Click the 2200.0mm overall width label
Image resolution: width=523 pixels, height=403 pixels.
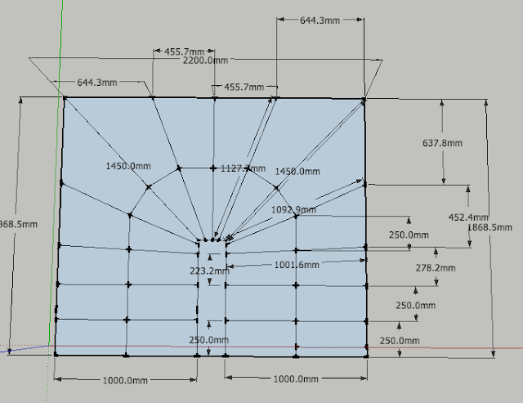(205, 60)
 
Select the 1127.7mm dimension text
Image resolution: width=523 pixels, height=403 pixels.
(243, 168)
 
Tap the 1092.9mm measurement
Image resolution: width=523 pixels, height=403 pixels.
(293, 210)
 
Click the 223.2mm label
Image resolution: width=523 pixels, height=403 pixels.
(197, 271)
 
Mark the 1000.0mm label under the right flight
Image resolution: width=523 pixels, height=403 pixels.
(295, 380)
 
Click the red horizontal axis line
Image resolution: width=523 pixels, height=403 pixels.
(449, 350)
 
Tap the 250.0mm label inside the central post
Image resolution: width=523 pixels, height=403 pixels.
(208, 340)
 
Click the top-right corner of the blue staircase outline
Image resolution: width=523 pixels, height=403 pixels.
(364, 100)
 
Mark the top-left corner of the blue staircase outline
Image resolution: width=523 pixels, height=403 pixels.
(64, 98)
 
